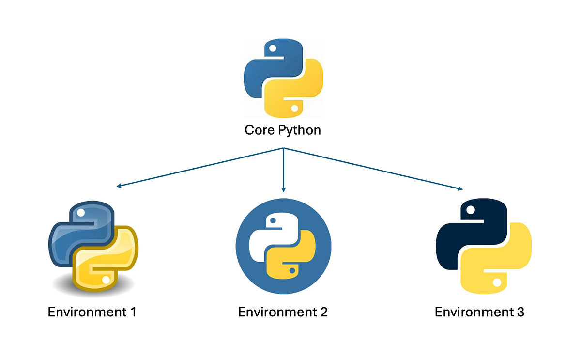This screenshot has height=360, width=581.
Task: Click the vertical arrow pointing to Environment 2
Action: pyautogui.click(x=283, y=170)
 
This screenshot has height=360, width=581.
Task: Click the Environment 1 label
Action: pyautogui.click(x=92, y=312)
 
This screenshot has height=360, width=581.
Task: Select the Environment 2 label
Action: pyautogui.click(x=283, y=312)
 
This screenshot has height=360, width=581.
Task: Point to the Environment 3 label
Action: pyautogui.click(x=479, y=312)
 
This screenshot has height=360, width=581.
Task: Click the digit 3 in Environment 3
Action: pyautogui.click(x=520, y=312)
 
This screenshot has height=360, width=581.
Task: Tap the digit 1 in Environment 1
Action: pyautogui.click(x=132, y=312)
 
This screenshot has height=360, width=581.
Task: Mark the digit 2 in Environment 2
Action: pyautogui.click(x=323, y=312)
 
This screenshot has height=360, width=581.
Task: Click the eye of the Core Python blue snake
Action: pyautogui.click(x=273, y=48)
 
